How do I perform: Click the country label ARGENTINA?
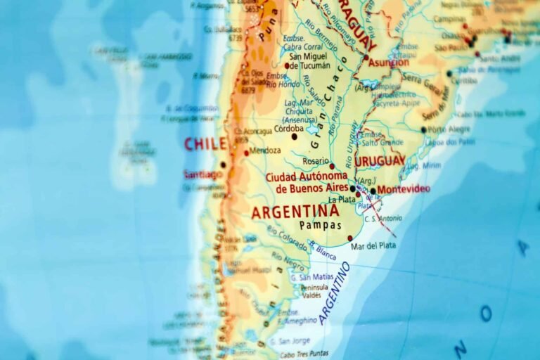[295, 211]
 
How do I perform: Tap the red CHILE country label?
[205, 144]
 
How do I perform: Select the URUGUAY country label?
[380, 161]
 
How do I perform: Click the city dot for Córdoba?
[294, 136]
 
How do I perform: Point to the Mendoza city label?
[265, 150]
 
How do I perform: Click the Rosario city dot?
[332, 167]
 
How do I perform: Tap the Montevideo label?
[404, 189]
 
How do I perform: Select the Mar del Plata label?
[373, 245]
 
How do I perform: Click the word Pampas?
[320, 226]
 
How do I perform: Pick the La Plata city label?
[342, 200]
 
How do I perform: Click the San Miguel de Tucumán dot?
[286, 65]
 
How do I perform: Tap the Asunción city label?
[388, 63]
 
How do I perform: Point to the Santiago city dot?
[223, 165]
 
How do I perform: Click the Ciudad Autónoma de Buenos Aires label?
[307, 182]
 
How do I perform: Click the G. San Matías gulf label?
[312, 277]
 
